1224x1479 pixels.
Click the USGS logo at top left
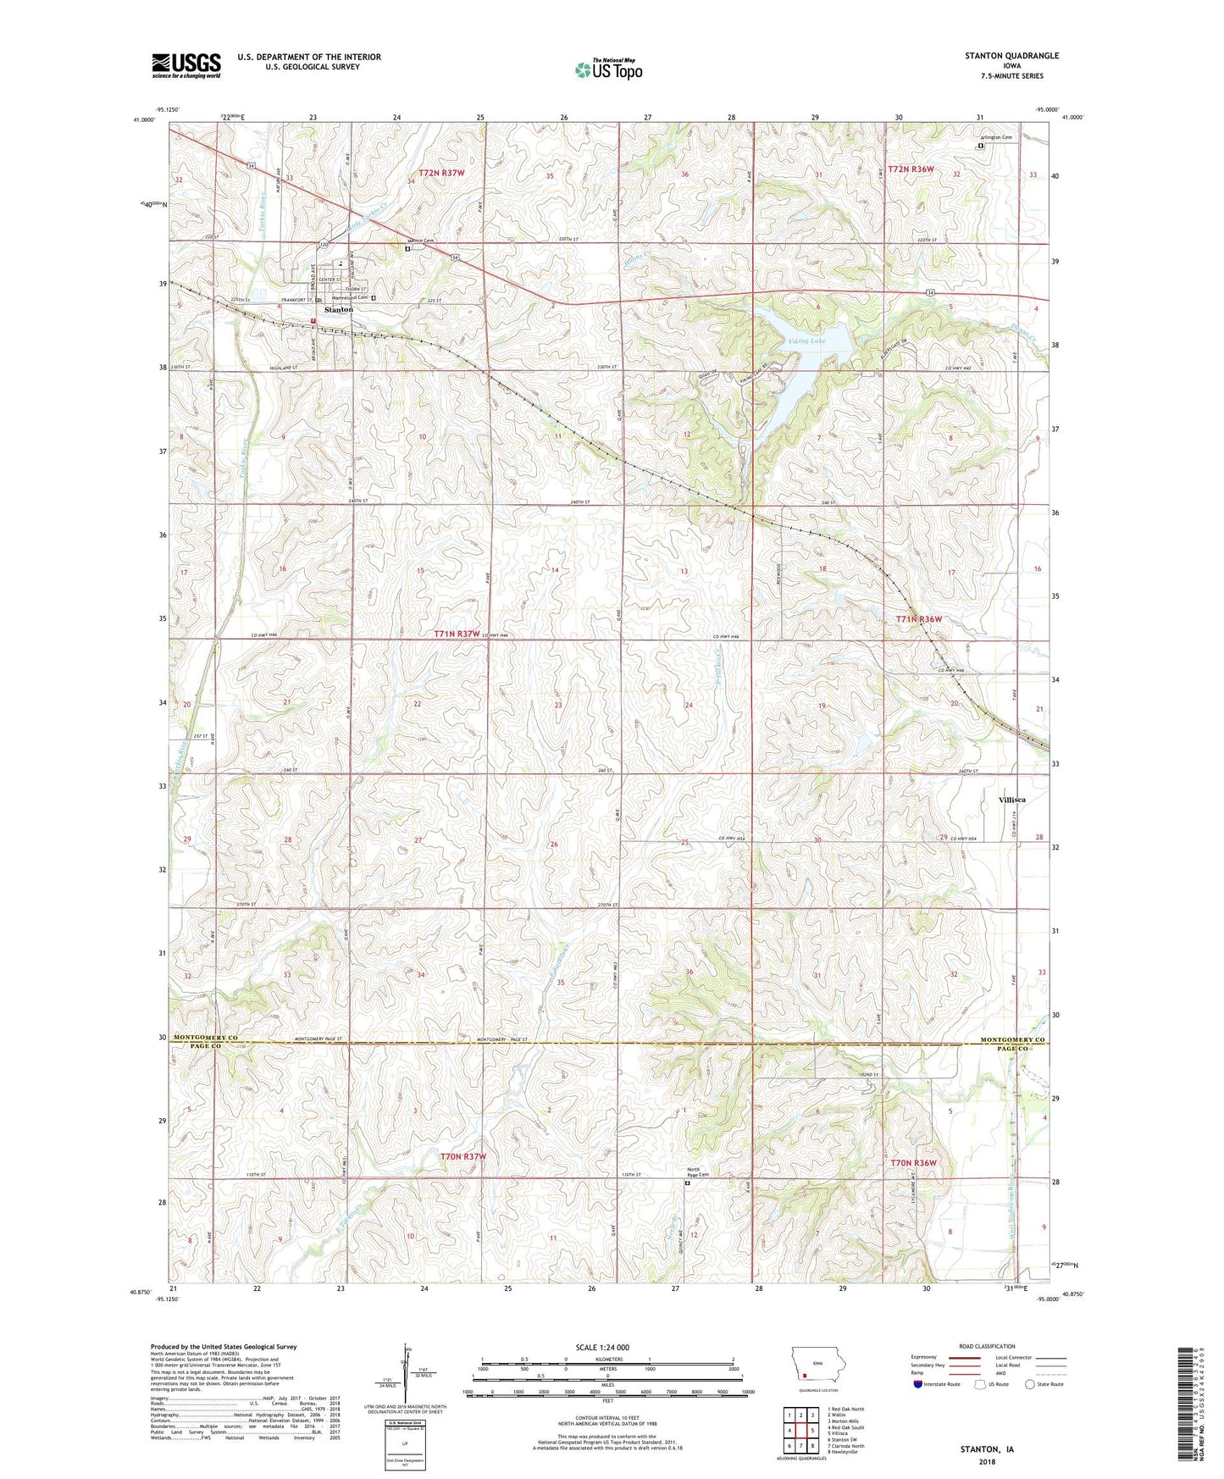(x=186, y=65)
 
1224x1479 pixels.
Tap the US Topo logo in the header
(x=607, y=69)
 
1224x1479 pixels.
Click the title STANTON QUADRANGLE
(x=1011, y=56)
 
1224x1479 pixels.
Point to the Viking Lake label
(x=806, y=341)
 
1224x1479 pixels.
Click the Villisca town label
(x=1012, y=800)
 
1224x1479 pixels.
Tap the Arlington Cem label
(x=996, y=137)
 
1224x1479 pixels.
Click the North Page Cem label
(x=698, y=1173)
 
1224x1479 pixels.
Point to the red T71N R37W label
(x=457, y=634)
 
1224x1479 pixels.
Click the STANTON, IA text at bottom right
(x=986, y=1449)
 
